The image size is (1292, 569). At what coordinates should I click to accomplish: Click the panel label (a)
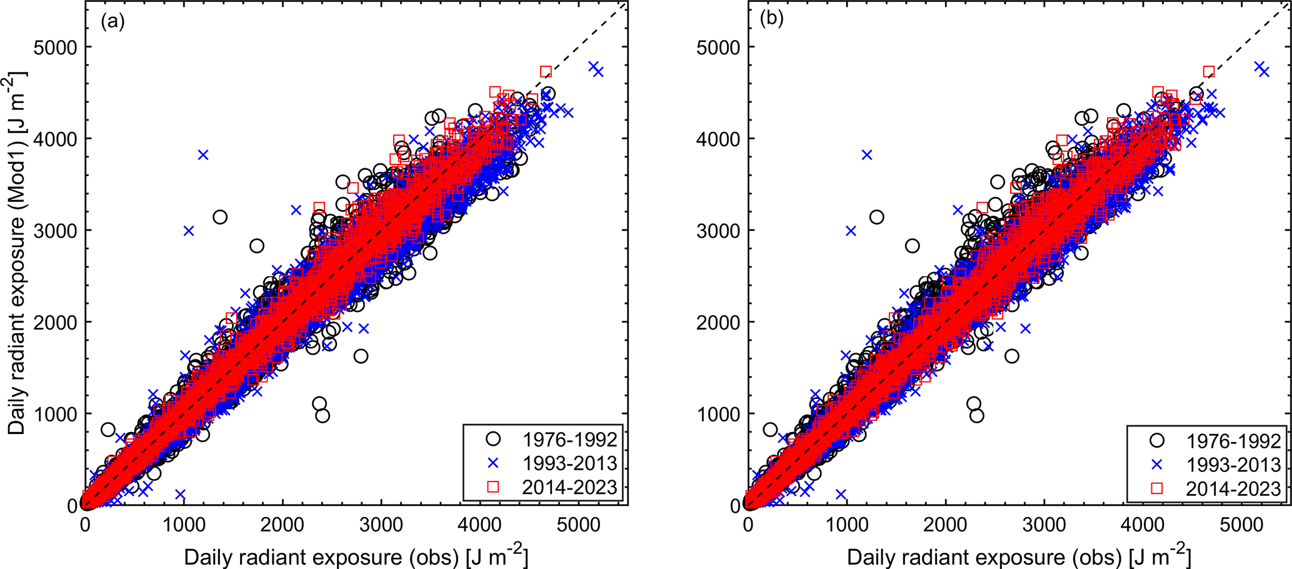click(113, 22)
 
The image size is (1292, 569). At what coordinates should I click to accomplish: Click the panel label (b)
click(771, 19)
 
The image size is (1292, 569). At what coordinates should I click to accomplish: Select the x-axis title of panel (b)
click(1019, 556)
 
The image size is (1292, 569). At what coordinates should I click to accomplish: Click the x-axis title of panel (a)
click(356, 556)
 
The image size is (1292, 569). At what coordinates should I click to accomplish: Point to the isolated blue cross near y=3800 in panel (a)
click(203, 154)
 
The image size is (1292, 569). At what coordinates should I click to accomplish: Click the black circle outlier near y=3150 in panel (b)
click(876, 217)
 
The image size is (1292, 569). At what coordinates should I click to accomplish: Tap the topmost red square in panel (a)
click(546, 71)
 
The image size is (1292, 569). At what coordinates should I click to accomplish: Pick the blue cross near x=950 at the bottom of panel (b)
click(841, 495)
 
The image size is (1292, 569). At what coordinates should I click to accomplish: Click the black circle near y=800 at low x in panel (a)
click(108, 430)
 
